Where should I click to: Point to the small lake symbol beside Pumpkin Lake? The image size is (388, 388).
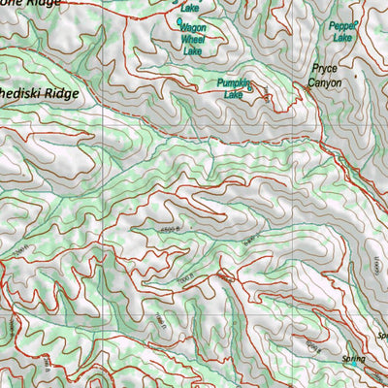tap(250, 88)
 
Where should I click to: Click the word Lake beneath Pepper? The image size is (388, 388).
tap(342, 38)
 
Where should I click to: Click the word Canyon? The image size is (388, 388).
tap(325, 82)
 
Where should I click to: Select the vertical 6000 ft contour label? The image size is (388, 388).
tap(372, 261)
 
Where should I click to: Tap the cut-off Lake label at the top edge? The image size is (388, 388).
tap(189, 8)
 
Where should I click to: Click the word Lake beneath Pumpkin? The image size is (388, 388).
tap(233, 95)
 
